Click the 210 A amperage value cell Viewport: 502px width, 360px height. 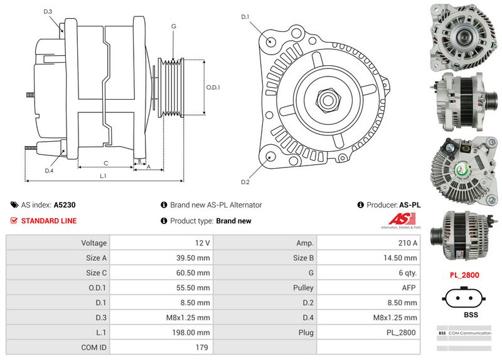pos(407,242)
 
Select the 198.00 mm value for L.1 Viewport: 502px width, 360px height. pos(193,332)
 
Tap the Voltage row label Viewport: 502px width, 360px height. pos(93,242)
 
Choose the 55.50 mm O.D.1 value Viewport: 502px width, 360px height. pos(194,287)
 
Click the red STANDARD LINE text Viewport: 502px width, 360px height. pos(48,221)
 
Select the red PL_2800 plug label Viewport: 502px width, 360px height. pos(464,275)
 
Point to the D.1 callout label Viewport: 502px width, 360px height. pos(245,16)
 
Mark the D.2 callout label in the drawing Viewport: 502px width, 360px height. pos(245,182)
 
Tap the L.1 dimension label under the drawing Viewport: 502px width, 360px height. pos(103,176)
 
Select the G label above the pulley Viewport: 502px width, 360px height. pos(173,26)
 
